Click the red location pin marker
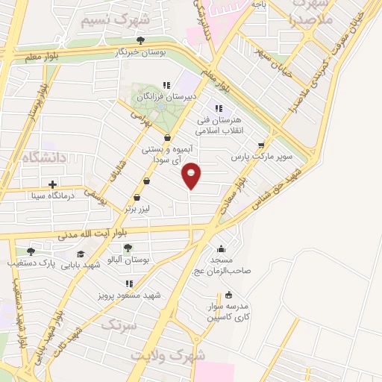tap(192, 175)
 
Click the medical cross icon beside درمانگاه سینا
tap(51, 184)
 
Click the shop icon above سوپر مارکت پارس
tap(260, 145)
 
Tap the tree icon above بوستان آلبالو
tap(128, 247)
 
